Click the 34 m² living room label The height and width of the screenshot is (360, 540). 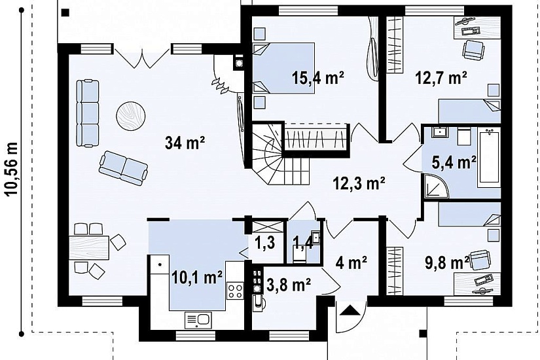coord(185,143)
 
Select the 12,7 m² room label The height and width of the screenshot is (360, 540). coord(441,78)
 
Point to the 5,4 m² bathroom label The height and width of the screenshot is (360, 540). coord(454,162)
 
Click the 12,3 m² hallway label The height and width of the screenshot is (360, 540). coord(359,183)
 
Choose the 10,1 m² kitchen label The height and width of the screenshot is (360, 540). coord(196,278)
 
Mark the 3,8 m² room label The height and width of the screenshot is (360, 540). coord(289,285)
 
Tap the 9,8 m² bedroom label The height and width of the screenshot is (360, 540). coord(447,263)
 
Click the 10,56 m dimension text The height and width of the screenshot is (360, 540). coord(11,169)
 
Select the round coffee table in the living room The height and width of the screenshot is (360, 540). coord(130,116)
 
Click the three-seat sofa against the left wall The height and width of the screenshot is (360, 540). coord(88,113)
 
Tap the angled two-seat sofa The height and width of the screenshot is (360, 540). coord(123,168)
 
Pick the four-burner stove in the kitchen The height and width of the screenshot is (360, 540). coord(235,290)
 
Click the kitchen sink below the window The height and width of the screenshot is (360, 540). coord(198,320)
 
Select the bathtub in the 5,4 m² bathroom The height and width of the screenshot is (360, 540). coord(489,158)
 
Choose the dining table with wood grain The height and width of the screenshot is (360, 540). coord(89,247)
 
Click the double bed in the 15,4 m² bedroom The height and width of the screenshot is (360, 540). coord(284,68)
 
